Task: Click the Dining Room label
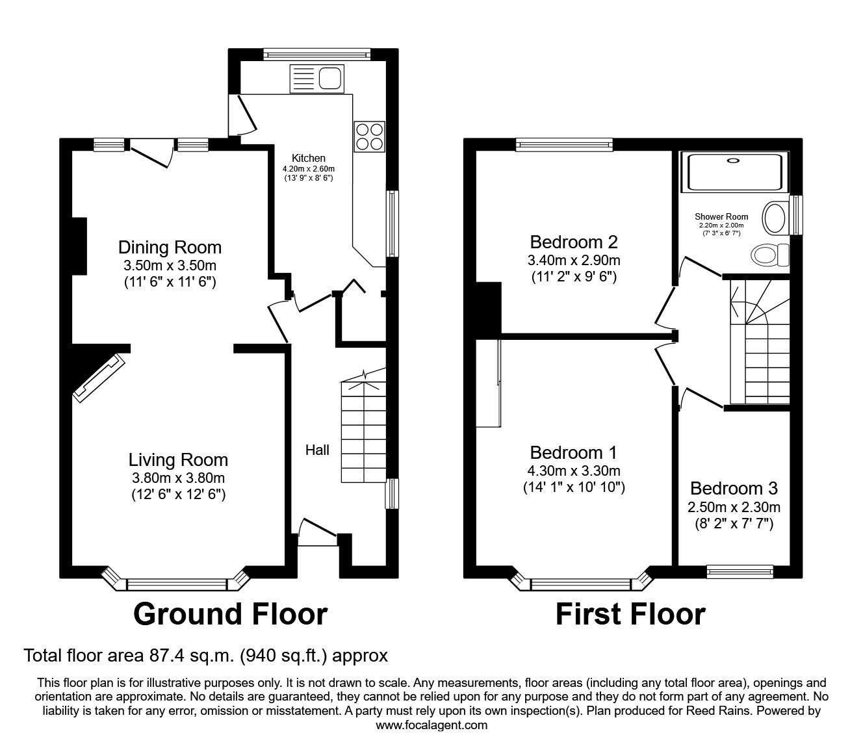[x=170, y=248]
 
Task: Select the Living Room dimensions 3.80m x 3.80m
[x=178, y=478]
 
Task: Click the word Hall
[x=318, y=450]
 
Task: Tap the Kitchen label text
[x=308, y=158]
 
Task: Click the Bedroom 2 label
[x=574, y=242]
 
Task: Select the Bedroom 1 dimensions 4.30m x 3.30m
[x=574, y=471]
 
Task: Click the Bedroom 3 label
[x=734, y=488]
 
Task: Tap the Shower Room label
[x=721, y=216]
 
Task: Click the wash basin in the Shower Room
[x=775, y=218]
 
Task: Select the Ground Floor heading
[x=230, y=614]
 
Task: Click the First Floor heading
[x=630, y=614]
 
